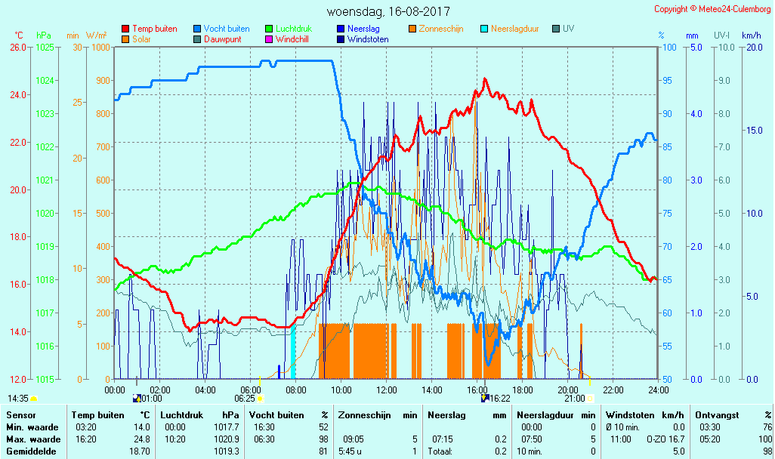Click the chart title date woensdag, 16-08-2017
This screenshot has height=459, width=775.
click(388, 12)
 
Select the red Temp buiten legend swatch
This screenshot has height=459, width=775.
click(125, 29)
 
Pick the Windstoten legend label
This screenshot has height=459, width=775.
click(368, 39)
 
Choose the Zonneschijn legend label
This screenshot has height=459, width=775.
click(440, 29)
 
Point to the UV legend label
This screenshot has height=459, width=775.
click(569, 29)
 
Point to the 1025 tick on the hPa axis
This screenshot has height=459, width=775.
click(45, 48)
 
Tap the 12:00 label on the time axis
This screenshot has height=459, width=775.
click(387, 390)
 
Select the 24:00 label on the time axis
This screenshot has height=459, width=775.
click(658, 390)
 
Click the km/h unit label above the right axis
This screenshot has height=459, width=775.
click(752, 35)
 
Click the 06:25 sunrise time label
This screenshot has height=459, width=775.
click(245, 398)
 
